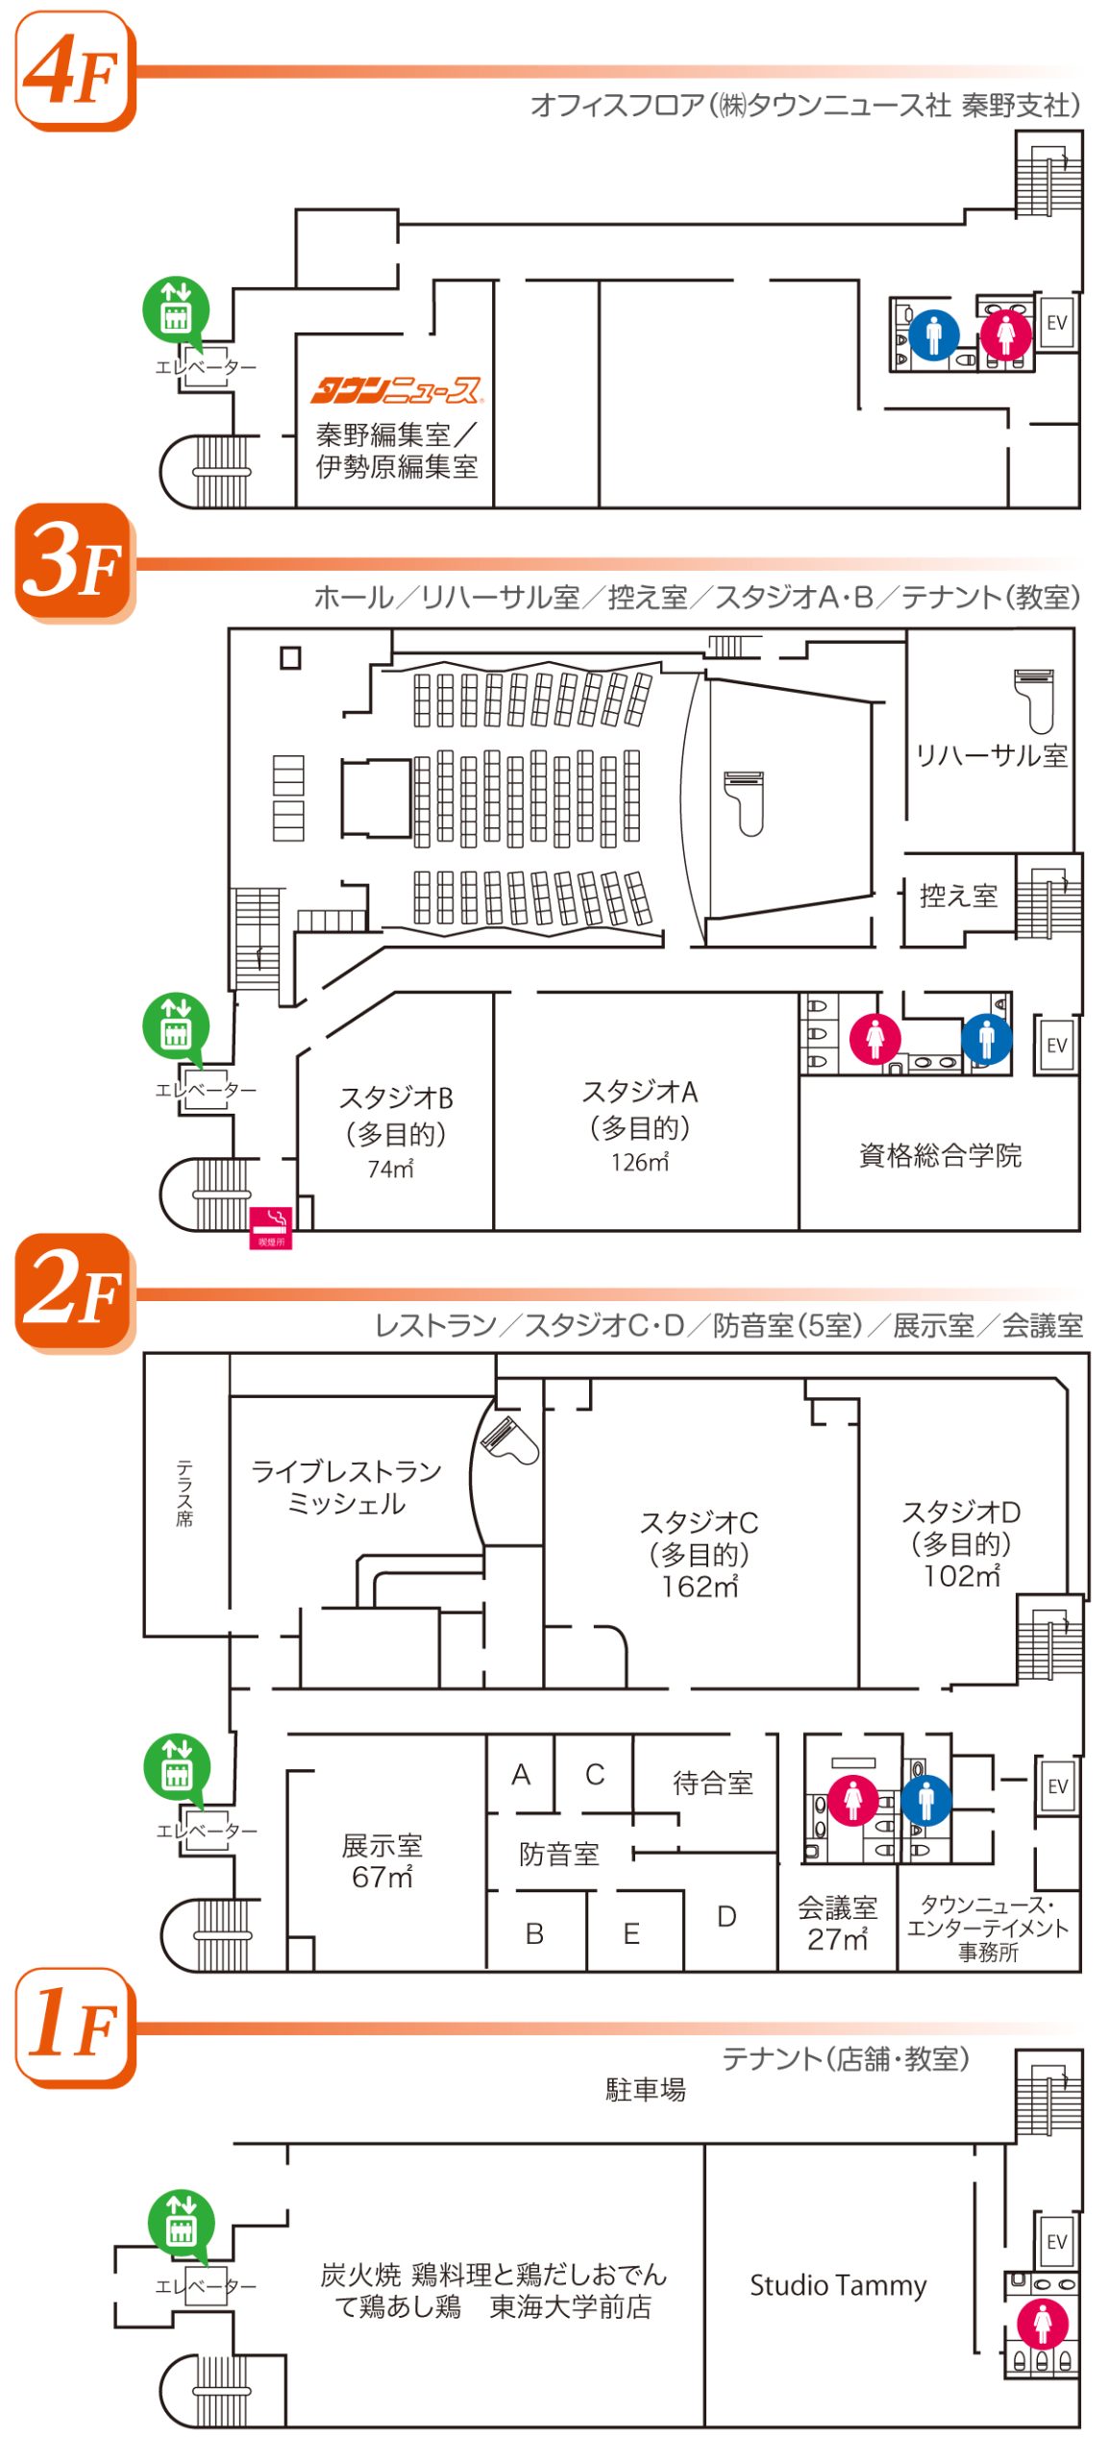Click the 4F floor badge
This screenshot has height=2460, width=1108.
pyautogui.click(x=74, y=71)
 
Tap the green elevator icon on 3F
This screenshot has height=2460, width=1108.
pyautogui.click(x=175, y=1025)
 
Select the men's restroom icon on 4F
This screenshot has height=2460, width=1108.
pyautogui.click(x=933, y=334)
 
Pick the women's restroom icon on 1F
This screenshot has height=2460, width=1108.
pyautogui.click(x=1043, y=2324)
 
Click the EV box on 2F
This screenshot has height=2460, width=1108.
pyautogui.click(x=1057, y=1785)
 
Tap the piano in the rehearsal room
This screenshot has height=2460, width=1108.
pyautogui.click(x=1035, y=699)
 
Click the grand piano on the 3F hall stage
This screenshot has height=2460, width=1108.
pyautogui.click(x=745, y=801)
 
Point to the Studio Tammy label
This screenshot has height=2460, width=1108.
pyautogui.click(x=838, y=2284)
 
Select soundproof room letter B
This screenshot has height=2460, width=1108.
pyautogui.click(x=534, y=1932)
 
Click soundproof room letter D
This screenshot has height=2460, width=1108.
pyautogui.click(x=726, y=1916)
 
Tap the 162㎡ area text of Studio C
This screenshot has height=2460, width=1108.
pyautogui.click(x=700, y=1587)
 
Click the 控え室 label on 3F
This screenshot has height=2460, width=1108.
pyautogui.click(x=958, y=896)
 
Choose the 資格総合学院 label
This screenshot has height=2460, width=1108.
pyautogui.click(x=940, y=1154)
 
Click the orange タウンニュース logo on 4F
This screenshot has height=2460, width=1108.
pyautogui.click(x=396, y=389)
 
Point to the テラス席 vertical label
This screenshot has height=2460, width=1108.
pyautogui.click(x=185, y=1493)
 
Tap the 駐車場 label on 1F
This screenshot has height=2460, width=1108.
pyautogui.click(x=645, y=2089)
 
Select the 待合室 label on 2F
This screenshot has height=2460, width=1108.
pyautogui.click(x=712, y=1783)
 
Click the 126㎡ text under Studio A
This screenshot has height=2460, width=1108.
pyautogui.click(x=640, y=1162)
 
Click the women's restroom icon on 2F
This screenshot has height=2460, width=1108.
pyautogui.click(x=852, y=1799)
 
